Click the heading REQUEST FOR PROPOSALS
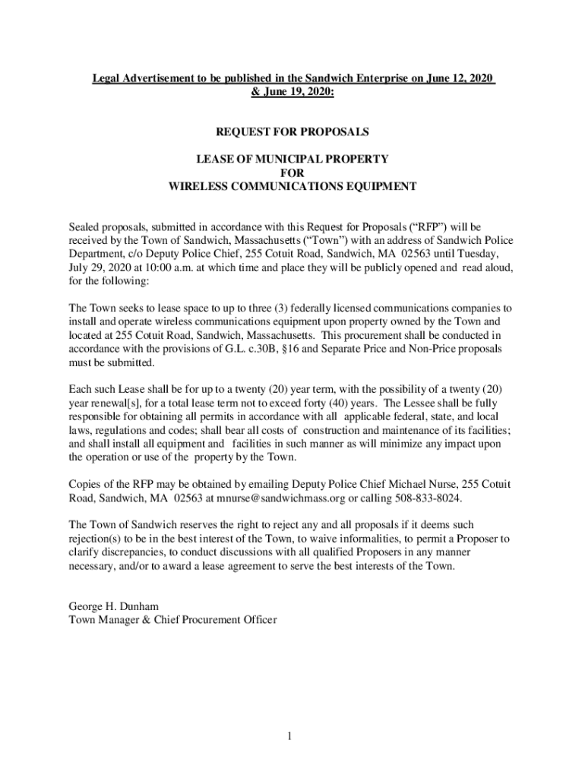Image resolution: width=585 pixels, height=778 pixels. (292, 132)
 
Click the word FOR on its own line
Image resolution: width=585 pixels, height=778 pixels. (292, 172)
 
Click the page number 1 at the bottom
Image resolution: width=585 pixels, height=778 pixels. (291, 737)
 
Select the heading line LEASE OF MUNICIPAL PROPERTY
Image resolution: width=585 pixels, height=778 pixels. (292, 159)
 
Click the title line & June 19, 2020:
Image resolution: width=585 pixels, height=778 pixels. (292, 91)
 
